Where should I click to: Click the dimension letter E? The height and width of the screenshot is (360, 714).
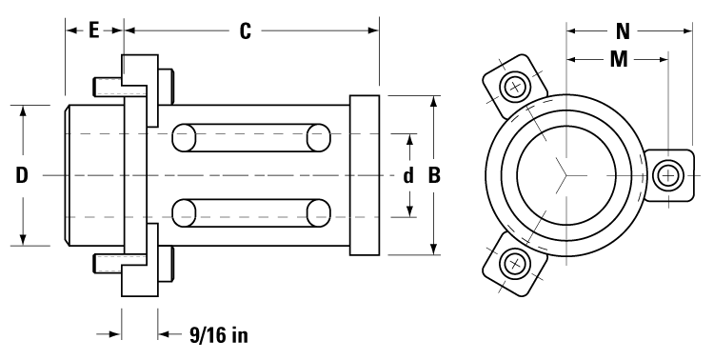(93, 30)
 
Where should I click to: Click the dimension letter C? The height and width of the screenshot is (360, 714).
(245, 31)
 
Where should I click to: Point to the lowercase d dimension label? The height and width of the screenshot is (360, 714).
(408, 176)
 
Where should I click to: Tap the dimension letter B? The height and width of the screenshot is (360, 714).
(434, 176)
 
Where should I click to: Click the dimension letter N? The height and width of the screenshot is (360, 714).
(623, 30)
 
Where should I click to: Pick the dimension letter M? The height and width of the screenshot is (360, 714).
(619, 59)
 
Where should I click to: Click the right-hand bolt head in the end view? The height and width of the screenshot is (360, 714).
(668, 174)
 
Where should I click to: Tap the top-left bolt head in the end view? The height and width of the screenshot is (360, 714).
(515, 88)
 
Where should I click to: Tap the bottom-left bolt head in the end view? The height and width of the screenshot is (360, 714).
(515, 261)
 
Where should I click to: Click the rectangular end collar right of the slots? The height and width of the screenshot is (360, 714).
(367, 175)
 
